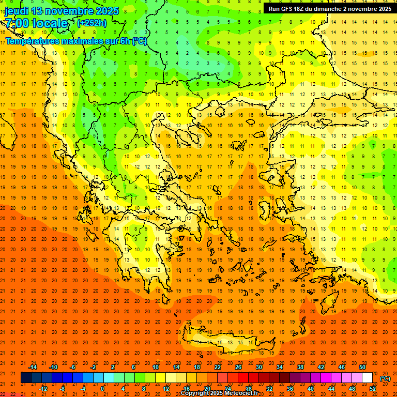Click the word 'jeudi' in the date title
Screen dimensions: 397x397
(17, 11)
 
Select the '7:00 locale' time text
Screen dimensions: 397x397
(36, 23)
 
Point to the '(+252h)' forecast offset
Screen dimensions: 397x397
(91, 23)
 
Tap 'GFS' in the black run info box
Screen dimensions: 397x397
(290, 9)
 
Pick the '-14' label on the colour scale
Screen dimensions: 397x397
(33, 367)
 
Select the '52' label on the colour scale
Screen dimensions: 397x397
(373, 389)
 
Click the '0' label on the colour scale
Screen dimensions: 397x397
(102, 389)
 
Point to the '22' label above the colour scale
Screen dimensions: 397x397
(218, 367)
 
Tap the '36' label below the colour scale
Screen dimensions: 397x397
(290, 389)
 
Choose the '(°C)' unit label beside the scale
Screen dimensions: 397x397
(385, 378)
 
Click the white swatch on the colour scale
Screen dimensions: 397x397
(367, 378)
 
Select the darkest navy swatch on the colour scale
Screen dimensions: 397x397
(26, 378)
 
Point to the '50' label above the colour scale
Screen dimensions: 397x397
(362, 367)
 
